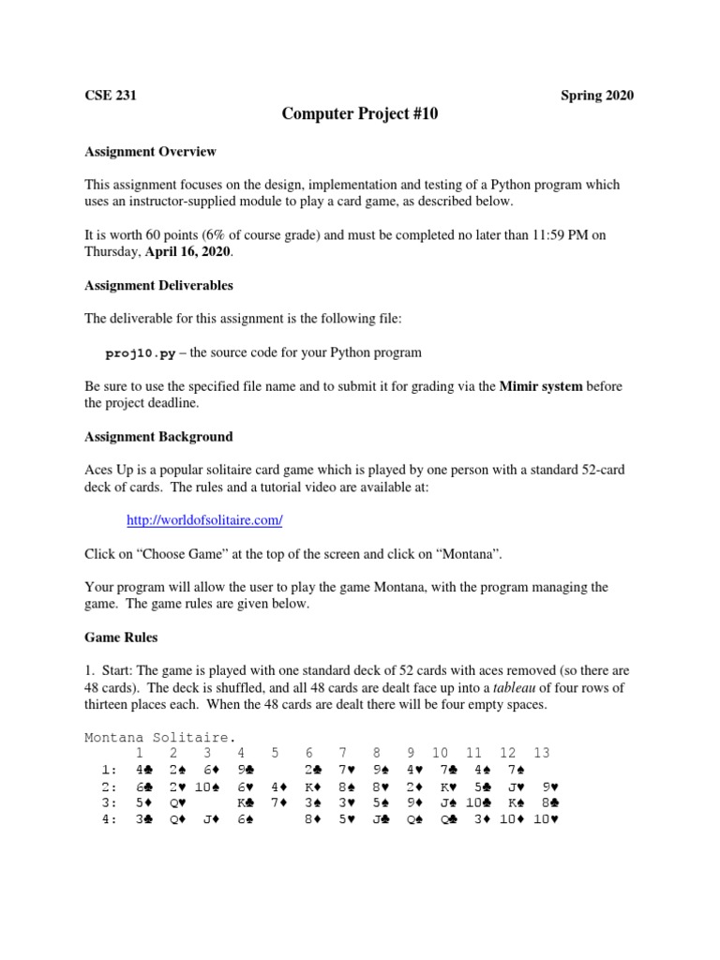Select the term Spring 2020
point(597,96)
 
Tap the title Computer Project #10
point(360,115)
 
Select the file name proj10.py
point(140,352)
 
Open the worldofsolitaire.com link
point(204,519)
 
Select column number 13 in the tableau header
point(541,753)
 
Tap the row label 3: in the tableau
point(109,803)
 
